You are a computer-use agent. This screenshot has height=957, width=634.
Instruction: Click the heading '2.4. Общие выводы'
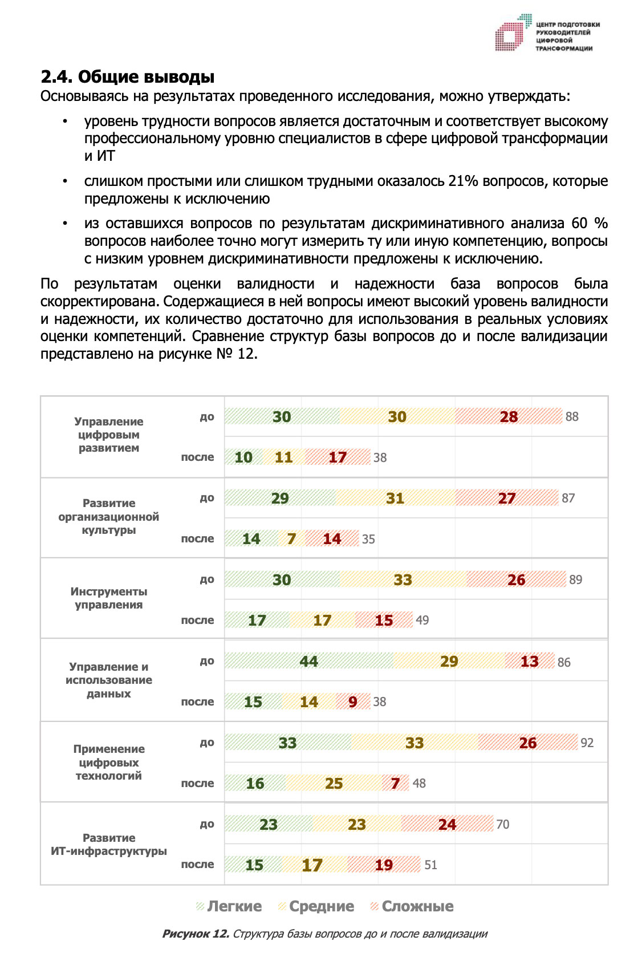127,77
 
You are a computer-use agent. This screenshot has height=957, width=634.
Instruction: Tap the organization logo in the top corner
547,34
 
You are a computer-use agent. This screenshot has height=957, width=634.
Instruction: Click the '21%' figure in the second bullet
462,181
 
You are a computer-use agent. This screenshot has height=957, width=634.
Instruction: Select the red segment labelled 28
509,417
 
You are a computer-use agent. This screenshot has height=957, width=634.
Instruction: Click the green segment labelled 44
308,661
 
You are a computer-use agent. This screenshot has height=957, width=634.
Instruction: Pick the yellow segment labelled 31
395,498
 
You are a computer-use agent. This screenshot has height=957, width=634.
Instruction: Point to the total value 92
587,743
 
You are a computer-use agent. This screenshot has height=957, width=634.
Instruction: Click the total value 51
430,865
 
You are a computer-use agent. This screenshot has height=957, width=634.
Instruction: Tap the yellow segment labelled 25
334,783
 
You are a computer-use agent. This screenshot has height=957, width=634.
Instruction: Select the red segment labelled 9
352,701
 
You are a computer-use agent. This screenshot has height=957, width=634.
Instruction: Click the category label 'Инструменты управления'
109,598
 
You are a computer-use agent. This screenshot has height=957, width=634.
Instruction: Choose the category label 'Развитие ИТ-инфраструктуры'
109,845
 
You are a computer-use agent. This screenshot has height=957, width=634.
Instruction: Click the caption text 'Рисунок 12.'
196,934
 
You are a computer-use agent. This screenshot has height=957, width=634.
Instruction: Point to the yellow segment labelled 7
291,539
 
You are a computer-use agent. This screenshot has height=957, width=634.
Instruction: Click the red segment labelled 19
384,865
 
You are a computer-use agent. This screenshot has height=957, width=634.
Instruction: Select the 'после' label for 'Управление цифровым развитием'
197,457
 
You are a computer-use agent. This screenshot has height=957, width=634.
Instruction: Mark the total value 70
502,824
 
